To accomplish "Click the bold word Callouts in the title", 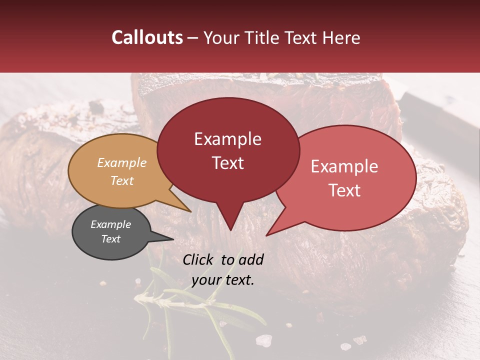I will point(147,37).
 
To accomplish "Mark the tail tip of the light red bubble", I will point(267,234).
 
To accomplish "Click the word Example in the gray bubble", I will point(110,224).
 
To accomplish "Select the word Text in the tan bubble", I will point(122,180).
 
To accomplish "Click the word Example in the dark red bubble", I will point(227,139).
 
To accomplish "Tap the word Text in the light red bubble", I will point(345,190).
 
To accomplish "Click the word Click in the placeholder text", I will point(199,259).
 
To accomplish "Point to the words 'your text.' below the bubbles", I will point(223,280).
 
